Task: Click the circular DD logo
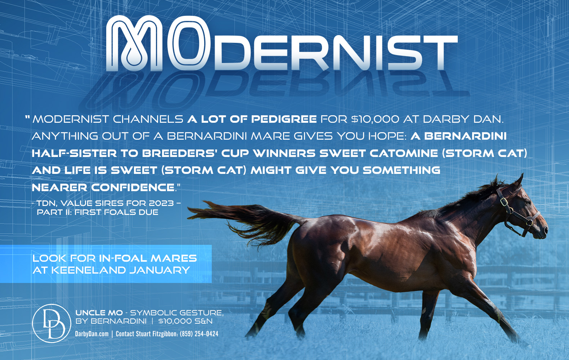52,323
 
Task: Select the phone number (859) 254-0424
199,334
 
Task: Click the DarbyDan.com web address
92,334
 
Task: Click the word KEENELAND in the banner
88,270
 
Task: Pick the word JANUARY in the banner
160,270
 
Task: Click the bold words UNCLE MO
99,313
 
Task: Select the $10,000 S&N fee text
185,321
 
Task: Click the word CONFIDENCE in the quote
133,188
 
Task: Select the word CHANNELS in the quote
148,119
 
